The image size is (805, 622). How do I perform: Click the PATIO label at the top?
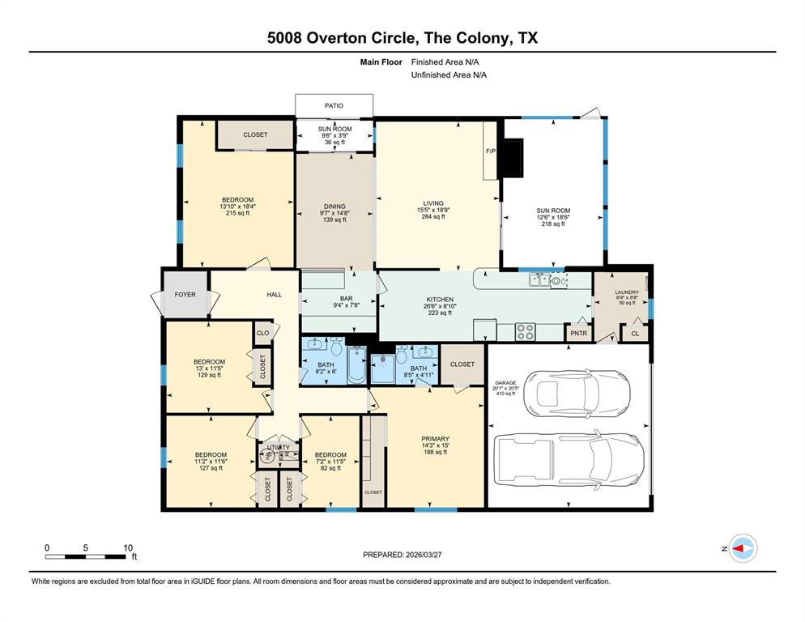click(x=334, y=105)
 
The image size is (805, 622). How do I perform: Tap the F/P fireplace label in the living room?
click(x=490, y=151)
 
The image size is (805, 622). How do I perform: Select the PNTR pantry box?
click(x=578, y=333)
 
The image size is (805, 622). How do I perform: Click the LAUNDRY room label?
click(x=627, y=292)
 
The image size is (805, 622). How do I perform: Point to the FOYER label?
click(x=185, y=294)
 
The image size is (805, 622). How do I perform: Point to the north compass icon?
click(x=743, y=549)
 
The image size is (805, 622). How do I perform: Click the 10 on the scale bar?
click(x=127, y=547)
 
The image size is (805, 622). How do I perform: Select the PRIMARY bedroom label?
click(x=435, y=439)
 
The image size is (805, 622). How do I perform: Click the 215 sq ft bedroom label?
click(x=238, y=212)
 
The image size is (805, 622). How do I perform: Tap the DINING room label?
click(x=334, y=207)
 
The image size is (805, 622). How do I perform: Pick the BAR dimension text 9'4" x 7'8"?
click(x=347, y=306)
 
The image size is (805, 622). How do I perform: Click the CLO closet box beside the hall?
click(x=262, y=333)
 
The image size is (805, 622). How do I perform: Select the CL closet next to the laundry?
click(x=635, y=333)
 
